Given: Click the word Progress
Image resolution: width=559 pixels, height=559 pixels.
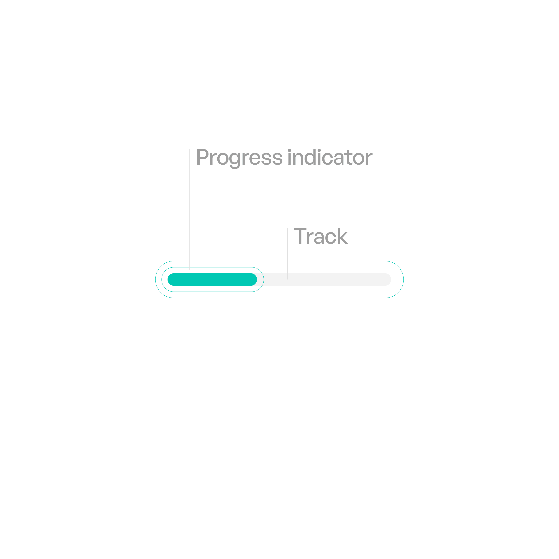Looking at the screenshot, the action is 239,158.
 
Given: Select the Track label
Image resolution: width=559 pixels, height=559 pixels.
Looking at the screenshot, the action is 321,236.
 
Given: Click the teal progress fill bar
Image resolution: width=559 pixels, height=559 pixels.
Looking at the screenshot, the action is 212,279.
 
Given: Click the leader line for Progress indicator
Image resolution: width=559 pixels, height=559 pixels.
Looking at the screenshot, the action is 190,208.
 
